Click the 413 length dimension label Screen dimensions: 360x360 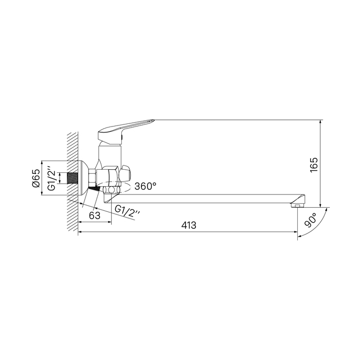(189, 225)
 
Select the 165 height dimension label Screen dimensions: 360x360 (314, 165)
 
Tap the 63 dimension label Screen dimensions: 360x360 (95, 215)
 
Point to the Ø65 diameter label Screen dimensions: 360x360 (37, 178)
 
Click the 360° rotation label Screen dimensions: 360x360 (146, 186)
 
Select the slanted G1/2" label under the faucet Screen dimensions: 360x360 (127, 212)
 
